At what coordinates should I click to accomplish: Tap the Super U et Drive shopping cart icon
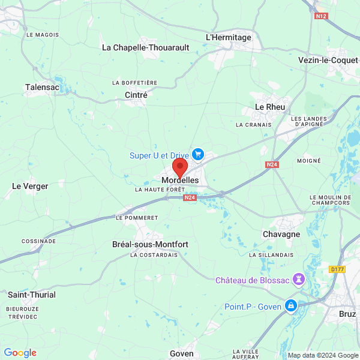198,155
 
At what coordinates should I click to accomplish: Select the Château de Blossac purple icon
299,280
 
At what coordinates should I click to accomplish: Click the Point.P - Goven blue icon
291,306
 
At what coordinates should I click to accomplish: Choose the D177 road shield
337,269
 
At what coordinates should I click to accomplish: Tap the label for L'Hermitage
229,37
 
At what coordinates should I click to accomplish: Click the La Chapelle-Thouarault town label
146,47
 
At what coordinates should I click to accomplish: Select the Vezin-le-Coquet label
328,60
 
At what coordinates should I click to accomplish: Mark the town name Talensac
42,87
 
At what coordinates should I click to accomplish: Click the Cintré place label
136,95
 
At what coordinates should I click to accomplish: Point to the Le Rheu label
270,107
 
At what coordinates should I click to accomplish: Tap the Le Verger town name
30,186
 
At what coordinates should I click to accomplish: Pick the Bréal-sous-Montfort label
150,244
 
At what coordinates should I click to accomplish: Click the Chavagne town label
281,234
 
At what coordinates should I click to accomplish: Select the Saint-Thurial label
32,295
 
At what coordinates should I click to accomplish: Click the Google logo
20,353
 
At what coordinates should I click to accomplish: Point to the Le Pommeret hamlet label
136,217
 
